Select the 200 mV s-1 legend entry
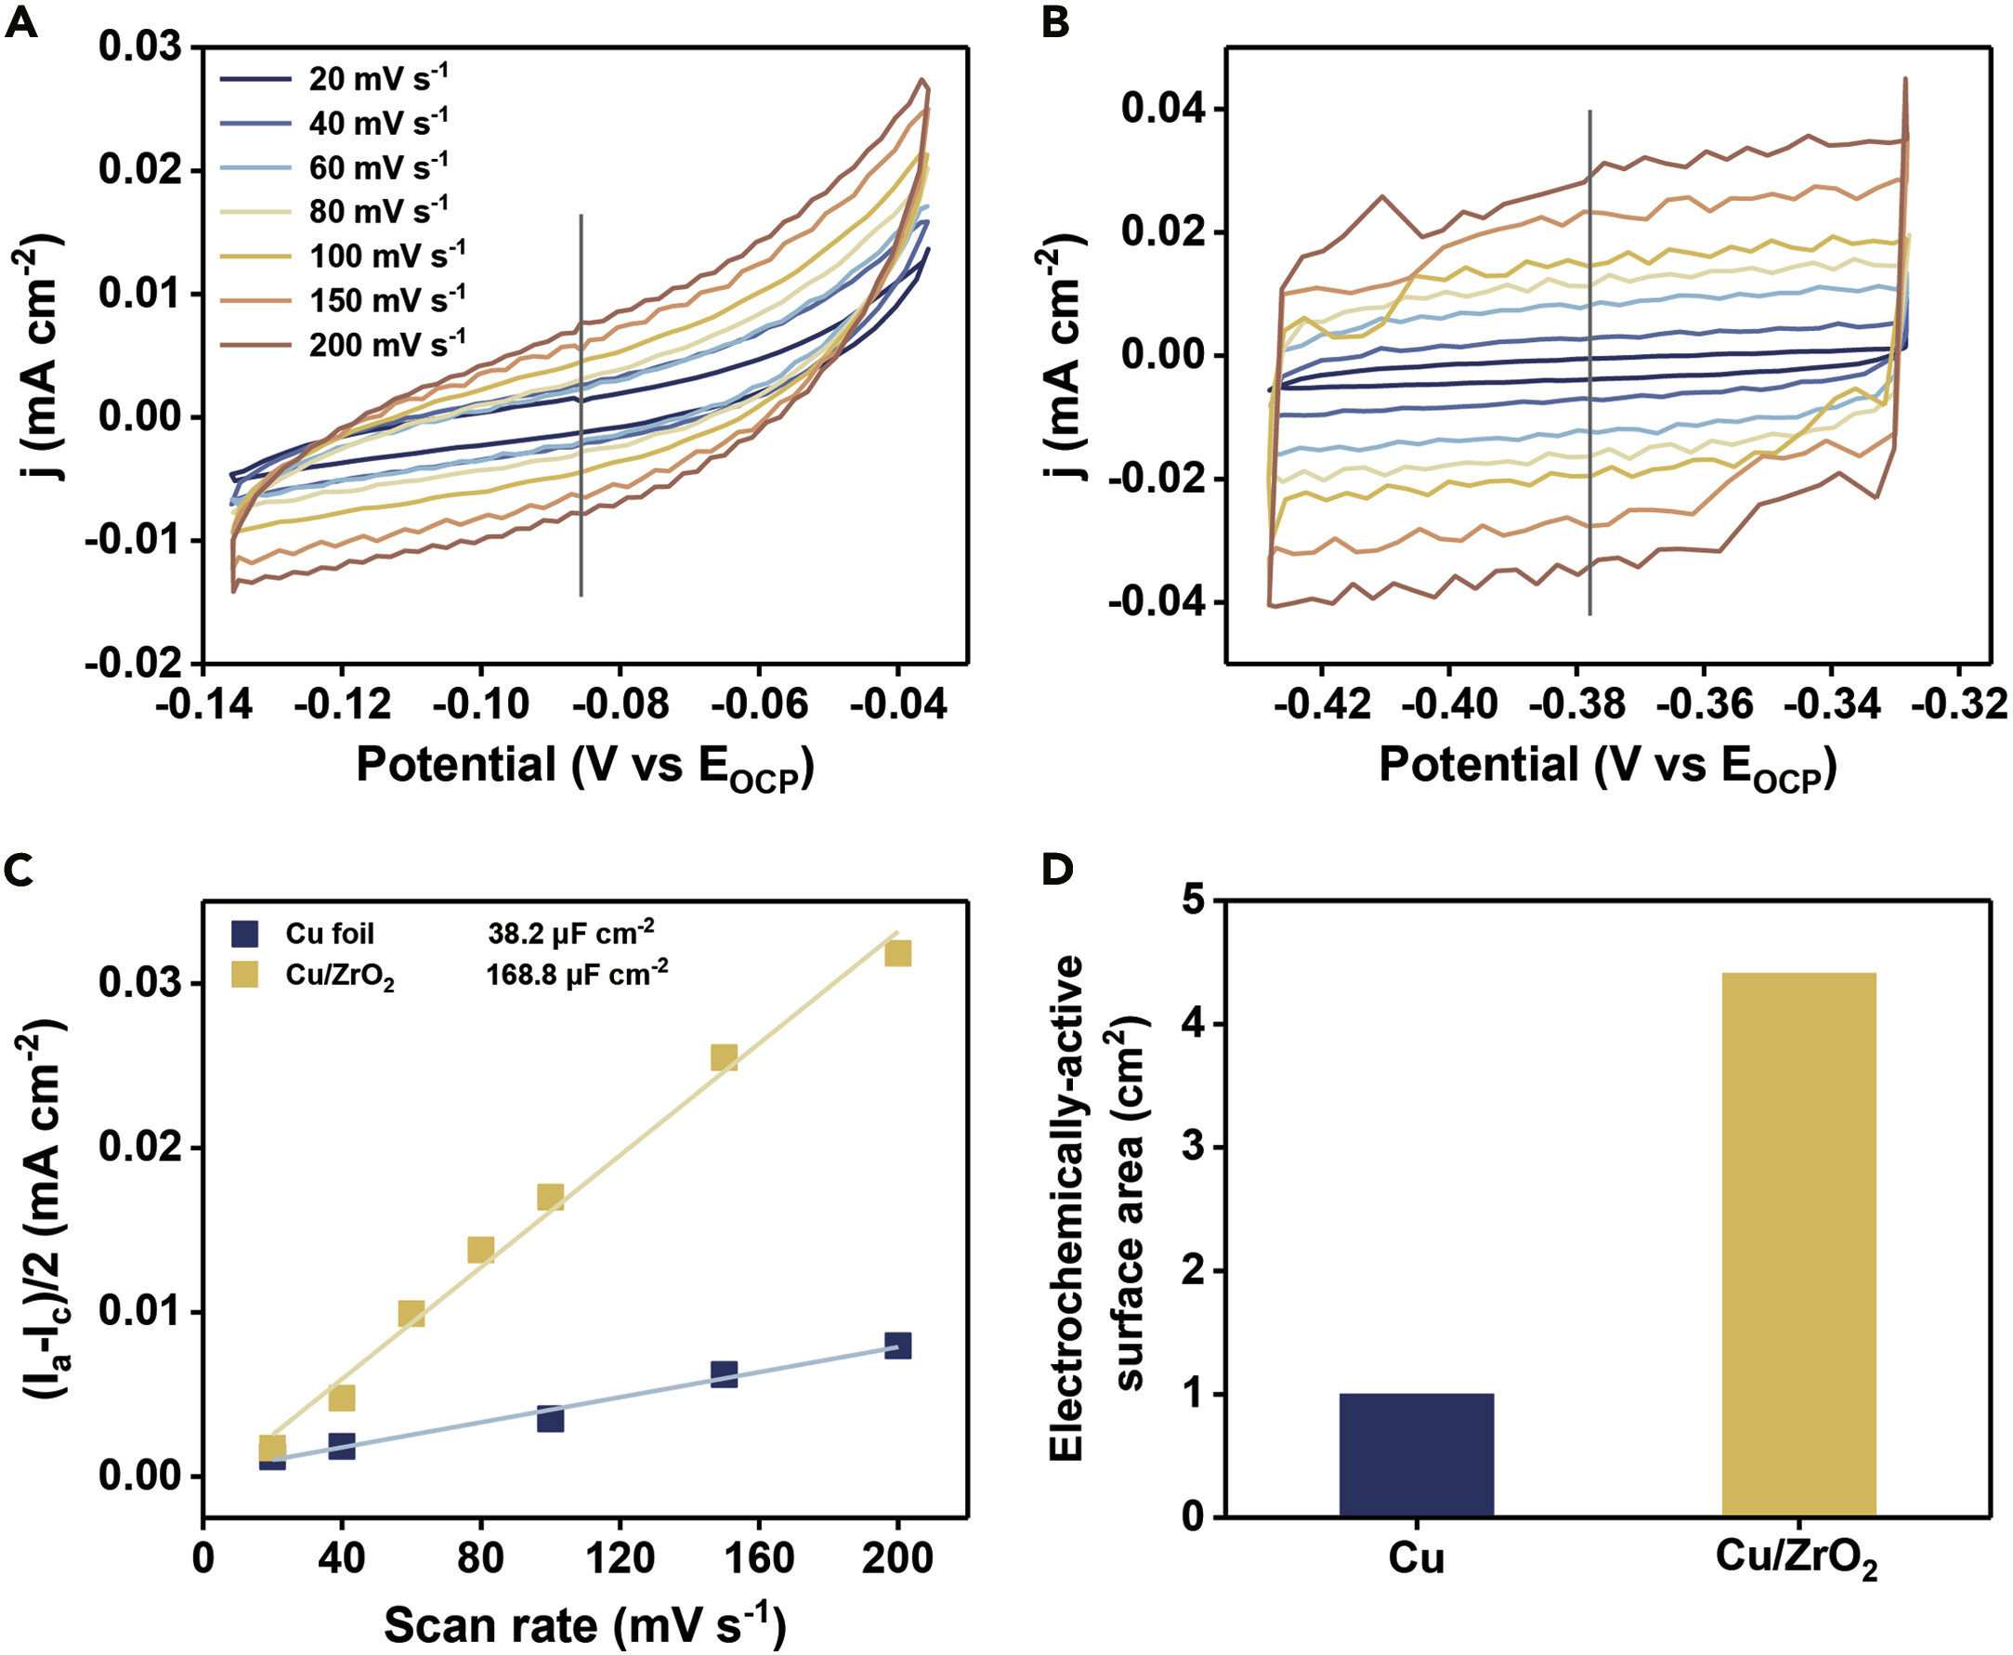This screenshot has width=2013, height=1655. (343, 345)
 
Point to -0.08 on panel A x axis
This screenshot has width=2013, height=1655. (621, 705)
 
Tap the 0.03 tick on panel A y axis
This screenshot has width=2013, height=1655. (140, 46)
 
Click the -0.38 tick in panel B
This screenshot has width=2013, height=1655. (1576, 705)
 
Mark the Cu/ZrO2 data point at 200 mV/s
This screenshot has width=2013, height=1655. (898, 953)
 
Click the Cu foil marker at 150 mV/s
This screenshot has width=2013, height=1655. (725, 1373)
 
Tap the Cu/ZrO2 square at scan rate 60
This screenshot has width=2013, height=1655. (411, 1315)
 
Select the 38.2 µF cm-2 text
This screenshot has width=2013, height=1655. (570, 932)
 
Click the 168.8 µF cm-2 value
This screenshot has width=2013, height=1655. (577, 974)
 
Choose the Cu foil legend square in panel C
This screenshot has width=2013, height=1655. (245, 933)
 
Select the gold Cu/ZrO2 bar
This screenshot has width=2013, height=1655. (1798, 1244)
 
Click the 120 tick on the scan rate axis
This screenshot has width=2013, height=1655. (621, 1558)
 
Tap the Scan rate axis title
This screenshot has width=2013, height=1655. (584, 1625)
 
